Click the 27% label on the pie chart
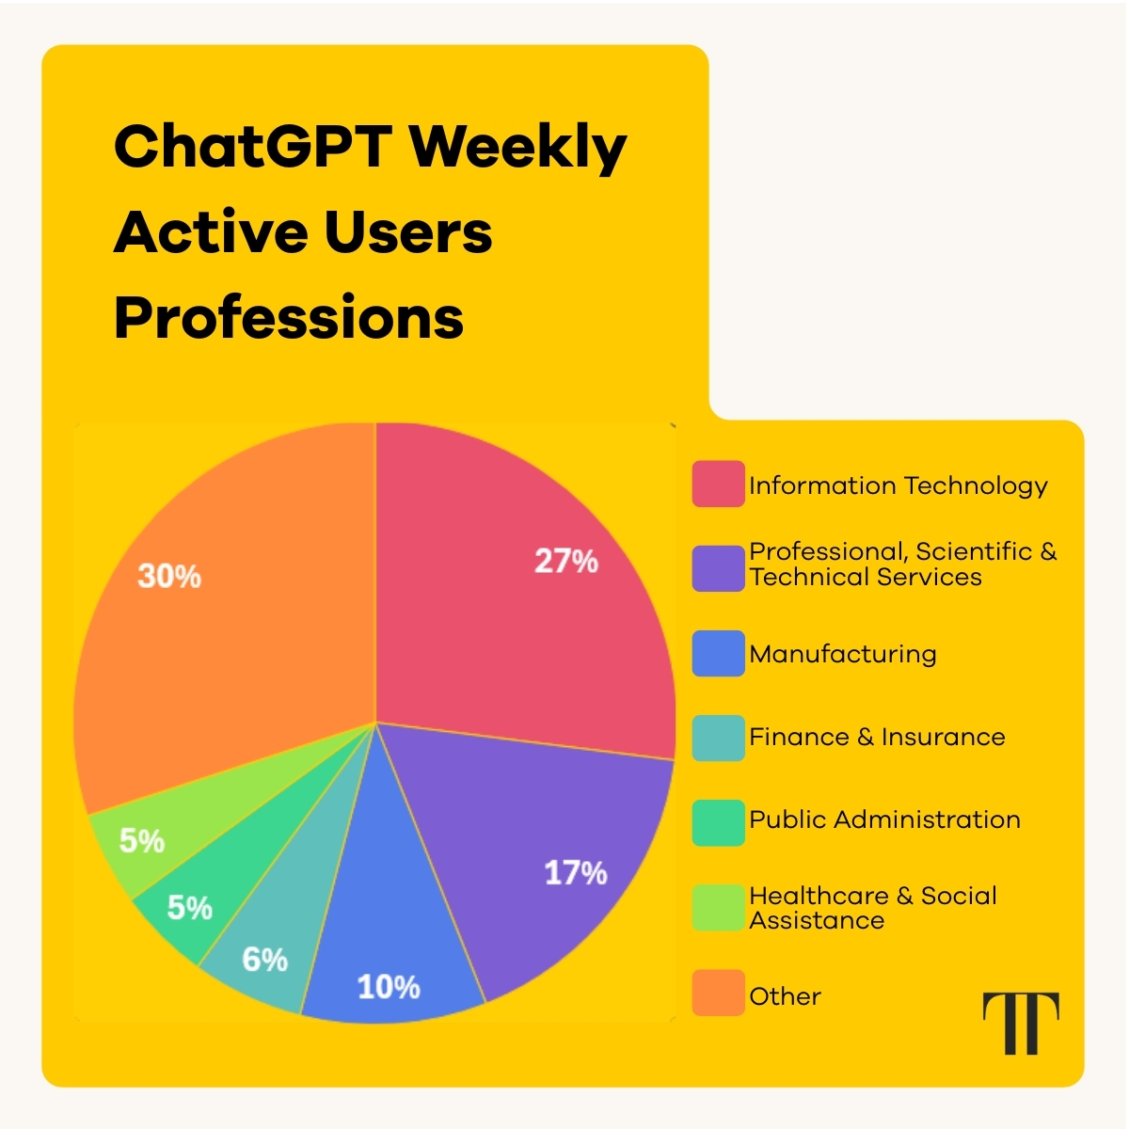566,562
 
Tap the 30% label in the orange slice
169,576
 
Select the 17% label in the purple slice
576,873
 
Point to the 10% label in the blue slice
389,987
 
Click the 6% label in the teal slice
264,960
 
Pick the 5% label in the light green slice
142,840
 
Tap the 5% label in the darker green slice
189,908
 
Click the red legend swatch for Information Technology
718,485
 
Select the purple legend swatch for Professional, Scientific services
718,568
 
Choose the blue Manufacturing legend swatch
718,654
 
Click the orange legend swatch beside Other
718,994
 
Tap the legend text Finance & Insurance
877,737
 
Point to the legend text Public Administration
884,819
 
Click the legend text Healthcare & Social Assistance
872,908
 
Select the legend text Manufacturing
843,654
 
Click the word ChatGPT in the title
252,148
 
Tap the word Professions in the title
289,318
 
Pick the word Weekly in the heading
517,148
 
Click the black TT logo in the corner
1021,1022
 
